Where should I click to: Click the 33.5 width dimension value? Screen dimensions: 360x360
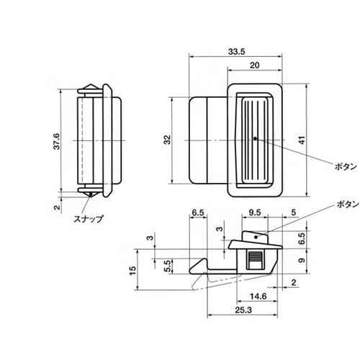236,52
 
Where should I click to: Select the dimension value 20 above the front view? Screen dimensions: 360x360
255,66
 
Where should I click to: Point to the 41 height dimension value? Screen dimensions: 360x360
302,140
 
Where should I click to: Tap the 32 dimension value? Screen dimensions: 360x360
168,140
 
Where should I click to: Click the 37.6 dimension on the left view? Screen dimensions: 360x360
57,141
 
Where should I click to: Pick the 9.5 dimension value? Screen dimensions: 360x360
254,212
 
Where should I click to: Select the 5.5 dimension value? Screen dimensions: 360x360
168,266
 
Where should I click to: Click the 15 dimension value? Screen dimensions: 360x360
132,270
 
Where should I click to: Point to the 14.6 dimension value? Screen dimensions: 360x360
258,297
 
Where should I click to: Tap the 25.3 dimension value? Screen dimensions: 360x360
243,310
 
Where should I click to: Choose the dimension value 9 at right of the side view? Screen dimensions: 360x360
302,260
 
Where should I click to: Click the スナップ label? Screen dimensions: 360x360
89,219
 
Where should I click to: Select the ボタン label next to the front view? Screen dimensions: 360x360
346,166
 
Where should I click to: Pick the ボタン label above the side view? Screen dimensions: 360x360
348,204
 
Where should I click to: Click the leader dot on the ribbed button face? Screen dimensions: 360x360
255,138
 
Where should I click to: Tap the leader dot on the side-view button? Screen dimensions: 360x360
256,237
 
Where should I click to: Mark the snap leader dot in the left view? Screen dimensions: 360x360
91,194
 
